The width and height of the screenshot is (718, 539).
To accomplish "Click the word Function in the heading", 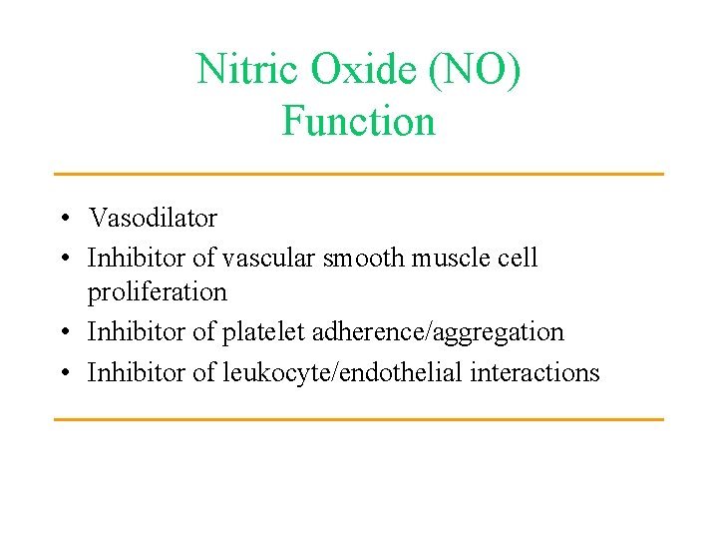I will click(x=358, y=122).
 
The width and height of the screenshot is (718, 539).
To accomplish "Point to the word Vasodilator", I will click(x=153, y=217).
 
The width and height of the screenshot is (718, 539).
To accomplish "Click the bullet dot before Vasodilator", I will click(x=63, y=218).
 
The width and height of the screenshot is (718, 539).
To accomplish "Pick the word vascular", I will click(x=267, y=258).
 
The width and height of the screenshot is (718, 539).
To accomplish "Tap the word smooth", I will click(x=363, y=258).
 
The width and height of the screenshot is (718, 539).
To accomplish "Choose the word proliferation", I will click(x=158, y=292).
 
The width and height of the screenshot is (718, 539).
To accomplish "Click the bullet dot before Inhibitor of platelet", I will click(x=63, y=332).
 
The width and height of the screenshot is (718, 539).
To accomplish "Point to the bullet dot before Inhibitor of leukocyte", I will click(x=63, y=373).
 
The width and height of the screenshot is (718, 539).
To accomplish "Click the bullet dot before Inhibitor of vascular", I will click(x=63, y=259).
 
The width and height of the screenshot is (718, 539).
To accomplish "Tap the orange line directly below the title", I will click(x=358, y=174).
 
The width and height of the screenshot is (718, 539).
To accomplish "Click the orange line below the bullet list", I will click(x=358, y=419).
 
